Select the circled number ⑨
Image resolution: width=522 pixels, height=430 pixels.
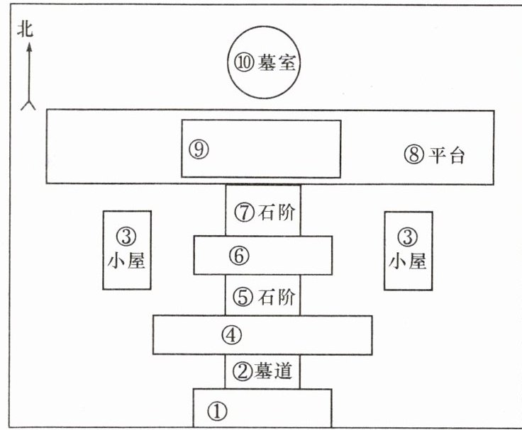pyautogui.click(x=199, y=148)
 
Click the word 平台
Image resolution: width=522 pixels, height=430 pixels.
pyautogui.click(x=446, y=155)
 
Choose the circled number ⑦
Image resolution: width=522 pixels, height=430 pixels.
pyautogui.click(x=243, y=212)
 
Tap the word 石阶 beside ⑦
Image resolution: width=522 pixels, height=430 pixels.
pyautogui.click(x=277, y=212)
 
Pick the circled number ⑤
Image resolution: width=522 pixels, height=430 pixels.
pyautogui.click(x=243, y=297)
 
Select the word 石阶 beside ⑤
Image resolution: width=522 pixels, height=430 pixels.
pyautogui.click(x=277, y=297)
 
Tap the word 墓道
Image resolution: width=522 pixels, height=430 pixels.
pyautogui.click(x=277, y=370)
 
